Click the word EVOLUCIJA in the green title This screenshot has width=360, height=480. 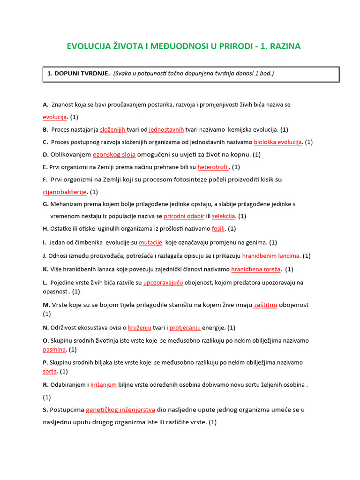89,46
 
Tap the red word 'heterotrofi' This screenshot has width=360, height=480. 212,167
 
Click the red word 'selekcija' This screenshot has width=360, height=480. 223,216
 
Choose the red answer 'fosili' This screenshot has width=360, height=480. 218,229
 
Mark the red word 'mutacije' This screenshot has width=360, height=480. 150,242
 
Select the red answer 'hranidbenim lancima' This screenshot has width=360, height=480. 270,255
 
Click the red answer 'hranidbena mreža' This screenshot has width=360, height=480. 256,269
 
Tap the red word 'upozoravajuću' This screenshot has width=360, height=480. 163,283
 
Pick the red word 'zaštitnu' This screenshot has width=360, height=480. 265,305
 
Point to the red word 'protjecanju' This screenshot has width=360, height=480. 185,327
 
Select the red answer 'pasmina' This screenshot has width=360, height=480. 54,349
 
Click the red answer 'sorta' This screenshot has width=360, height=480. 50,371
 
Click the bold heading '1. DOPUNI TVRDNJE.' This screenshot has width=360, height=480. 78,74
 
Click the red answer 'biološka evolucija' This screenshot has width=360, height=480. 277,142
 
